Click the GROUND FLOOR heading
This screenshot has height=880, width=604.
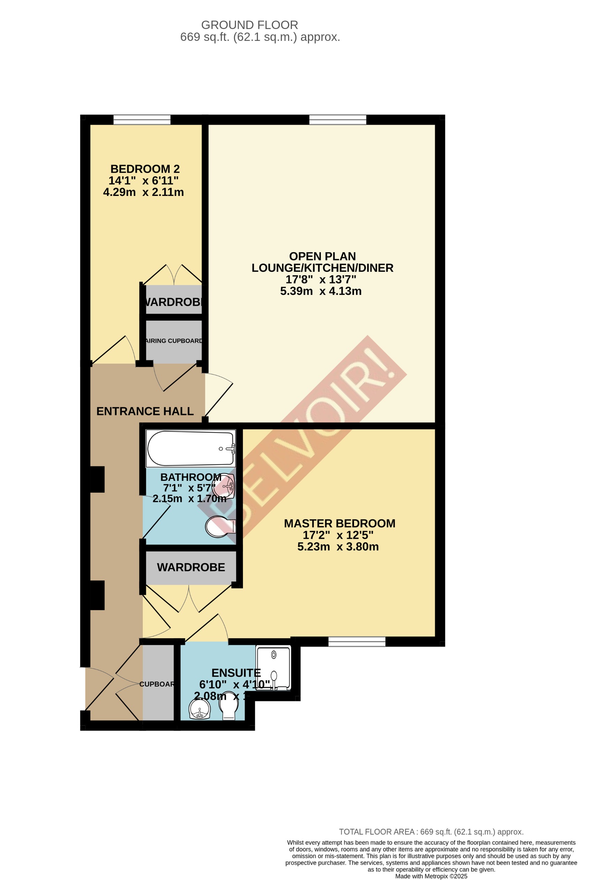pos(249,25)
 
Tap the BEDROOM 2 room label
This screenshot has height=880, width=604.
pos(145,169)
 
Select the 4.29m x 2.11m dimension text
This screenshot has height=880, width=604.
pos(143,192)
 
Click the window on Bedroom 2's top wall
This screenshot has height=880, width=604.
pos(142,120)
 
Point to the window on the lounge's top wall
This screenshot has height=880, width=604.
pos(337,120)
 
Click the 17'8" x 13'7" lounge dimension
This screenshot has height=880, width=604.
pos(321,279)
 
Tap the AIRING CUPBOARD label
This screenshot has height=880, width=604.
pos(174,341)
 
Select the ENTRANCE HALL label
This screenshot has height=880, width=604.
pos(145,411)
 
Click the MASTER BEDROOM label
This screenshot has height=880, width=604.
pos(339,523)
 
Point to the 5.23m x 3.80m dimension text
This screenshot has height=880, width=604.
pos(338,547)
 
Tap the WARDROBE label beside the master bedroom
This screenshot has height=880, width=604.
pos(191,567)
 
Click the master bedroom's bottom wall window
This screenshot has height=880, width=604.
pos(356,641)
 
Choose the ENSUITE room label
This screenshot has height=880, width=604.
pos(236,673)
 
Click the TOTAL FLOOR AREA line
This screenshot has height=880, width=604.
pos(431,832)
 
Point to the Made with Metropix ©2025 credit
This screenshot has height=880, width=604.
pos(431,876)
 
